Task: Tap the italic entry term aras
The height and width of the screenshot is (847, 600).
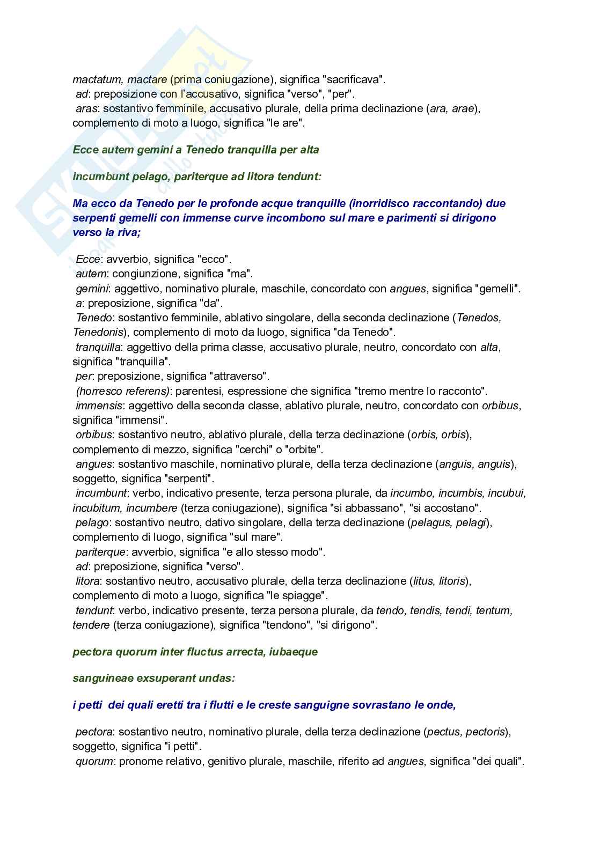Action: coord(87,109)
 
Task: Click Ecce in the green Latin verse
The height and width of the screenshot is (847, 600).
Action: coord(86,150)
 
